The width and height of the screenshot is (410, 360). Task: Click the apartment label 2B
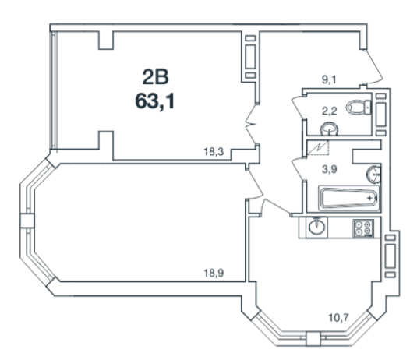click(156, 77)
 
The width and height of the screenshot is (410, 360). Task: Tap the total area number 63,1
click(155, 101)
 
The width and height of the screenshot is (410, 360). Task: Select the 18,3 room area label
click(214, 152)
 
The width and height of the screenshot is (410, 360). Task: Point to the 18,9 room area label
click(214, 274)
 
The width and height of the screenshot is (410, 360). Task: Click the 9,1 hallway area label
click(329, 79)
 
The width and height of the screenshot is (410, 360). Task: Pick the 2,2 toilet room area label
click(329, 111)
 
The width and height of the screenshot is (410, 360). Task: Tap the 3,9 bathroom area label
click(329, 169)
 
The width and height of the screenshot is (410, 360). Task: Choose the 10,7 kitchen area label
click(338, 318)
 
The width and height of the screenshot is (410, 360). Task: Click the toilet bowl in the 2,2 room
click(359, 108)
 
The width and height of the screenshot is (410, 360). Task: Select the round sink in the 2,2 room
click(329, 129)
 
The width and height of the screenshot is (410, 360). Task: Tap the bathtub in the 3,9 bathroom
click(349, 198)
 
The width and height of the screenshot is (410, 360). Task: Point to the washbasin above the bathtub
click(373, 174)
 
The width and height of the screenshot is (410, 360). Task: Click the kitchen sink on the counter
click(317, 227)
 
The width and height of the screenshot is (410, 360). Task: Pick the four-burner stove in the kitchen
click(363, 228)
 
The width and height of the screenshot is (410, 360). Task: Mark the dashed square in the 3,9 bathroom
click(318, 148)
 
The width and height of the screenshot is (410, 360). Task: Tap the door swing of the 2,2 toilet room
click(298, 108)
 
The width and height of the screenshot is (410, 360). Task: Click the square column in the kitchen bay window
click(313, 339)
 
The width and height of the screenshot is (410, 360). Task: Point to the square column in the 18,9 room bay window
click(27, 221)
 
